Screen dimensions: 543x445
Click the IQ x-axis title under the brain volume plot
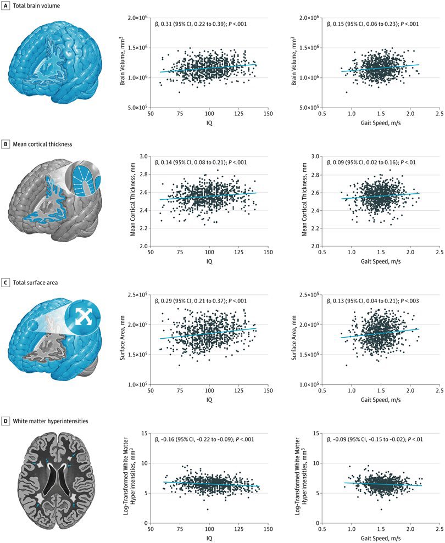pos(209,124)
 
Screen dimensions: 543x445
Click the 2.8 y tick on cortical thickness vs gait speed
pos(315,174)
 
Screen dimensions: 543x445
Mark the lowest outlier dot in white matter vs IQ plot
pos(207,510)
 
